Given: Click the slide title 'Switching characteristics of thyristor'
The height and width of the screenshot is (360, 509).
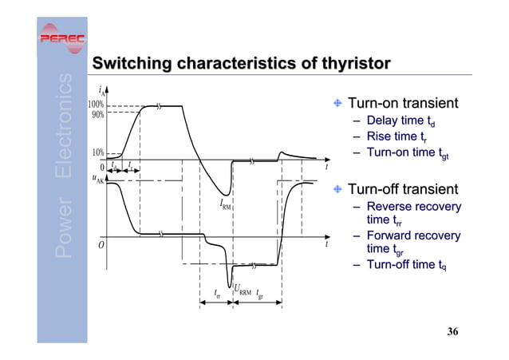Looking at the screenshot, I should (x=241, y=63).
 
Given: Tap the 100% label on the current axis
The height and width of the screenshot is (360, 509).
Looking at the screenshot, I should (x=95, y=105).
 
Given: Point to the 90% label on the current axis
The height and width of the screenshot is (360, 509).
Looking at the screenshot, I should (x=97, y=113).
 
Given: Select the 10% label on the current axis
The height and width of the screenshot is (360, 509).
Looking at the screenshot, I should (x=97, y=152).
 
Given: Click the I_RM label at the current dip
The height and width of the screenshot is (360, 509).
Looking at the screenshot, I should (x=225, y=204).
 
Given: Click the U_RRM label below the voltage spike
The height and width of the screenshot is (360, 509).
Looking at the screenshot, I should (x=243, y=292).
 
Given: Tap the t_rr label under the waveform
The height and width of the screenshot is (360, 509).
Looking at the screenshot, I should (x=218, y=293).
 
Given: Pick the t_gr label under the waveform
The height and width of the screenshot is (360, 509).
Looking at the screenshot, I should (x=261, y=293).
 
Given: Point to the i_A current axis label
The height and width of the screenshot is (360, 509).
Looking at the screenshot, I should (x=99, y=91).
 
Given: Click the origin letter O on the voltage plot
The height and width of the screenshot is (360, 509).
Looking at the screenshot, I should (x=101, y=245).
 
